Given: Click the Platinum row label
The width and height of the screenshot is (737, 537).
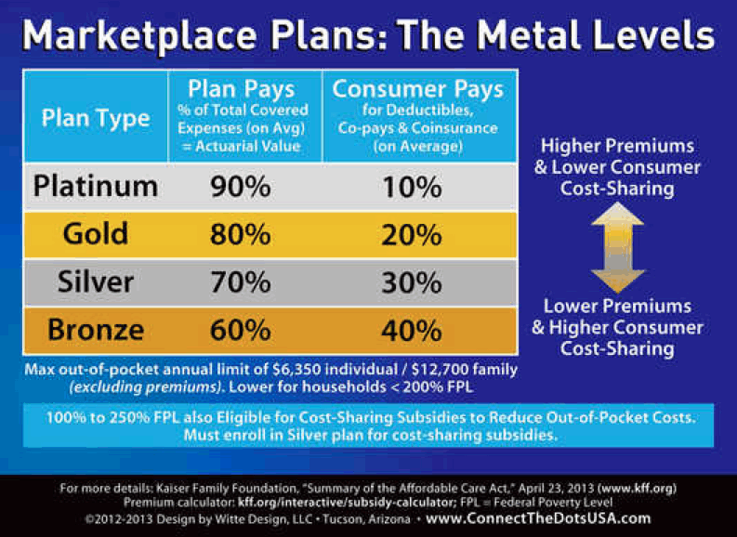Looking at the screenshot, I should [96, 187].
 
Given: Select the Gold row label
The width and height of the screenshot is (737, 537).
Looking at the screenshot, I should [96, 232].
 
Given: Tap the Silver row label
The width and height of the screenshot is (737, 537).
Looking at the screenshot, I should [96, 282].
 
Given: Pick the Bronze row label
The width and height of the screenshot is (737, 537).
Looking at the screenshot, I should [96, 330].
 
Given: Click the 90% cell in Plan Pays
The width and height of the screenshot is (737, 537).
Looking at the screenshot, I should [239, 187].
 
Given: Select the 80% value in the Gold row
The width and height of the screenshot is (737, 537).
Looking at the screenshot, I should [239, 232].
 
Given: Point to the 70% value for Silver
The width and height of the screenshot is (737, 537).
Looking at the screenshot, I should [239, 282].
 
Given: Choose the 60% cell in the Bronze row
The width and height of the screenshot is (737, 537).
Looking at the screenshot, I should [239, 330].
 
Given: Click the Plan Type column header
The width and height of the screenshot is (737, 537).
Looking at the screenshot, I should [96, 118].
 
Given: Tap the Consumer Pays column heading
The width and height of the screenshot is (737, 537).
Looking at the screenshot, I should [418, 89].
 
